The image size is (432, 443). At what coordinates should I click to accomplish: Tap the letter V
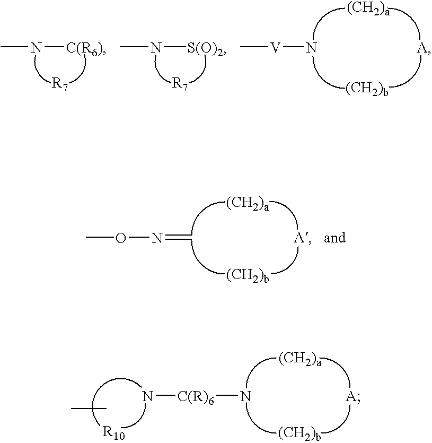(275, 48)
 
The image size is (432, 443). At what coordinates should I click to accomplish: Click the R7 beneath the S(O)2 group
(180, 84)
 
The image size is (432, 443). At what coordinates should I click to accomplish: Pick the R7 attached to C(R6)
(59, 84)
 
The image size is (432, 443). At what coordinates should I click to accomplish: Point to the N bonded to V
(312, 48)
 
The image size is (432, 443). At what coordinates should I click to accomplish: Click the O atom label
(121, 238)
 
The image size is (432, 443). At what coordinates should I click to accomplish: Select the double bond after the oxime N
(179, 238)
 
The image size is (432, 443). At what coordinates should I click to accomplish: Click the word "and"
(335, 238)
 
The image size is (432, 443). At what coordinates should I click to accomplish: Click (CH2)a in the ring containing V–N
(368, 10)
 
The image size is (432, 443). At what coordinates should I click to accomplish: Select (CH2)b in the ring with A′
(248, 275)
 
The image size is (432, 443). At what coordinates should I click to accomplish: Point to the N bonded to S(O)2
(156, 48)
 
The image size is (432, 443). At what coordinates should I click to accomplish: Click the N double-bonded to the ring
(157, 238)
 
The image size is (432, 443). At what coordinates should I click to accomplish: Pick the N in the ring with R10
(147, 397)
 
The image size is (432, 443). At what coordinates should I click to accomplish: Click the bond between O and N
(139, 238)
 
